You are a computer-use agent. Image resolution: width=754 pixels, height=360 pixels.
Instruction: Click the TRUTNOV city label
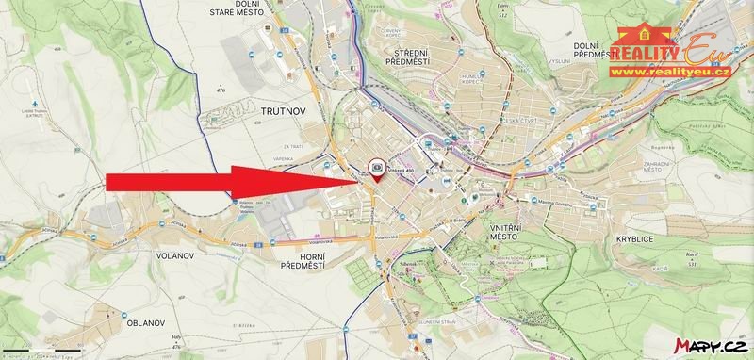(x=275, y=110)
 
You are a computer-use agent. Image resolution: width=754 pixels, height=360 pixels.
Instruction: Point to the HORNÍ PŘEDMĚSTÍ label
(x=303, y=260)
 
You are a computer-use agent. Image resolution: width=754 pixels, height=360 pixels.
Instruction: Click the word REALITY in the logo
(x=648, y=54)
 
